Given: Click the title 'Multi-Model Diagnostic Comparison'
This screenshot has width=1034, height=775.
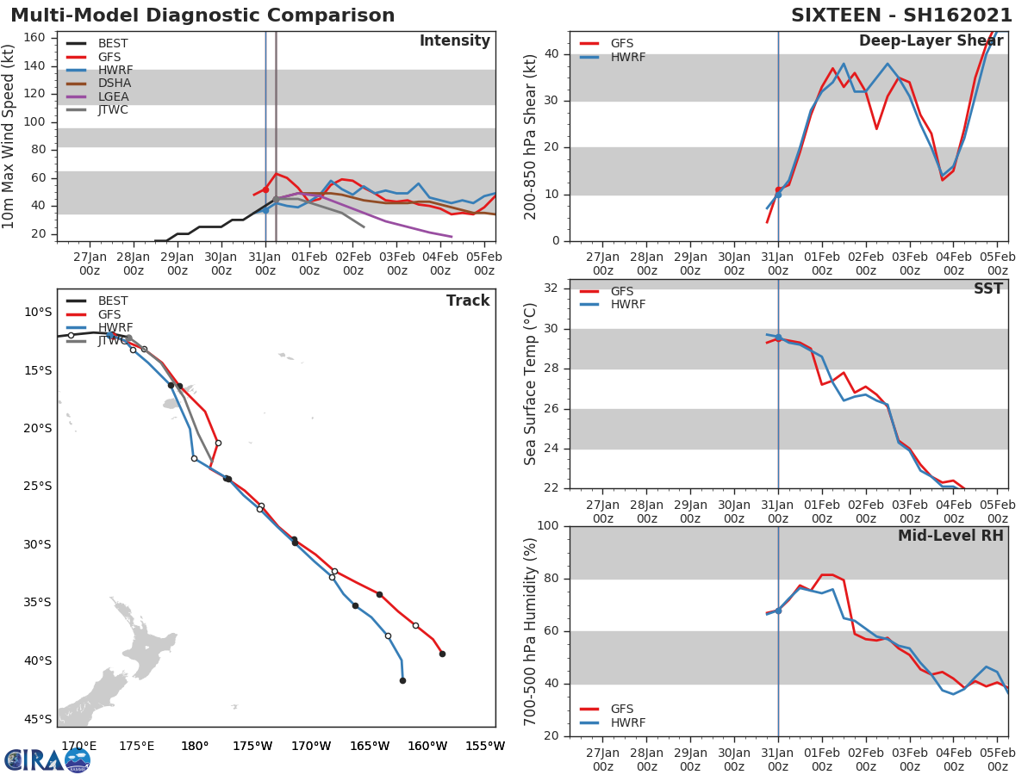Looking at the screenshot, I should (202, 15).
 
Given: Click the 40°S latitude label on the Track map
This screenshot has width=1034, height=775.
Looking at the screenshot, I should (38, 660).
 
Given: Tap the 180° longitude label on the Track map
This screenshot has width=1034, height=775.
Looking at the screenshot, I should (195, 746).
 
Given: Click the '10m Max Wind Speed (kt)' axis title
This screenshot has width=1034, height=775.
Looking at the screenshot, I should (9, 137).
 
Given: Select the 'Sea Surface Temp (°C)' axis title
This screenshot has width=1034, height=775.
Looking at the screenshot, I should (532, 384).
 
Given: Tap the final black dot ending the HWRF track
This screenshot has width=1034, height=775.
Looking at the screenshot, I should (402, 680).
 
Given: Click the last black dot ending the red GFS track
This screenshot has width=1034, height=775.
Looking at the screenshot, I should (442, 654).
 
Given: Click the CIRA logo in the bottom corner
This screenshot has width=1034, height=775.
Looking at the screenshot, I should (47, 759).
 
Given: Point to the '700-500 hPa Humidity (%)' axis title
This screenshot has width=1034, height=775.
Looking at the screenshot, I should (532, 631).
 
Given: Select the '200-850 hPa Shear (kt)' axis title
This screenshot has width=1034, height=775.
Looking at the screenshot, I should (532, 136).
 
